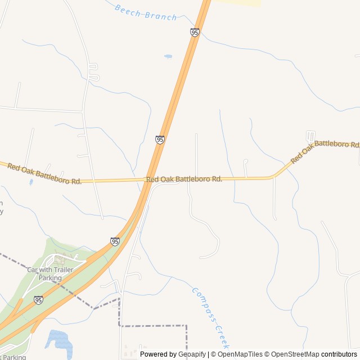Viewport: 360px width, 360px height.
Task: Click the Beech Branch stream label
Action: pos(145,12)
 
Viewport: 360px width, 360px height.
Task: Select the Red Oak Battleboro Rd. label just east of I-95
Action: pos(184,179)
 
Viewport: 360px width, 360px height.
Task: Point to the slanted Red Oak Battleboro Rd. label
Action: pos(325,151)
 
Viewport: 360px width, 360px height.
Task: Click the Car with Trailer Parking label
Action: pos(50,274)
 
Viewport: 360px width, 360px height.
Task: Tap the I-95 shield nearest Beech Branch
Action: pos(195,33)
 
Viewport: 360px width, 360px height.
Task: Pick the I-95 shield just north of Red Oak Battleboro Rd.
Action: pos(160,139)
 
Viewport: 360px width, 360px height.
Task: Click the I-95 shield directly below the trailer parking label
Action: pos(38,300)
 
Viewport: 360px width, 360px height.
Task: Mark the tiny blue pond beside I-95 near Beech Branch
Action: pos(168,56)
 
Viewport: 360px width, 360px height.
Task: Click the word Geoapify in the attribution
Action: pos(192,354)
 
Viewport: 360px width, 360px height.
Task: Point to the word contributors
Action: pos(339,354)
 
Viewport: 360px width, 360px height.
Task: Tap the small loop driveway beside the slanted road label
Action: pos(310,136)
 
